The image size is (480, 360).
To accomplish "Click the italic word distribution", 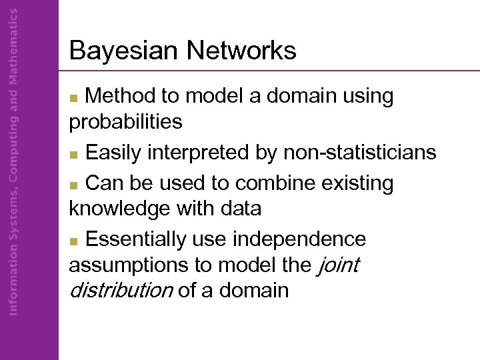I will pos(121,291).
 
